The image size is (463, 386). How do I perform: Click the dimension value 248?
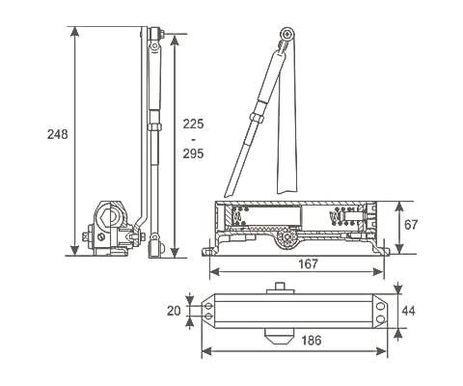coord(58,134)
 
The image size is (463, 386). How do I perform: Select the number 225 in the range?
coord(193,124)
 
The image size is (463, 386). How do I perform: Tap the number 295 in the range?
coord(193,153)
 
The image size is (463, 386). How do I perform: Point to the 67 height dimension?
coord(411,225)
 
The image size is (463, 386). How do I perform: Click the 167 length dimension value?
coord(308,263)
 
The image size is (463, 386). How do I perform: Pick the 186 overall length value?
coord(312,340)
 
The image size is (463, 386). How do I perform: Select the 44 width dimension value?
coord(408,311)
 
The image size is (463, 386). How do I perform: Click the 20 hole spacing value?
coord(174,311)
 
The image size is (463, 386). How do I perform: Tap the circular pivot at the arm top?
coord(286,34)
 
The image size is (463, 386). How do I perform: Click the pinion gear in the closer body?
coord(287,238)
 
